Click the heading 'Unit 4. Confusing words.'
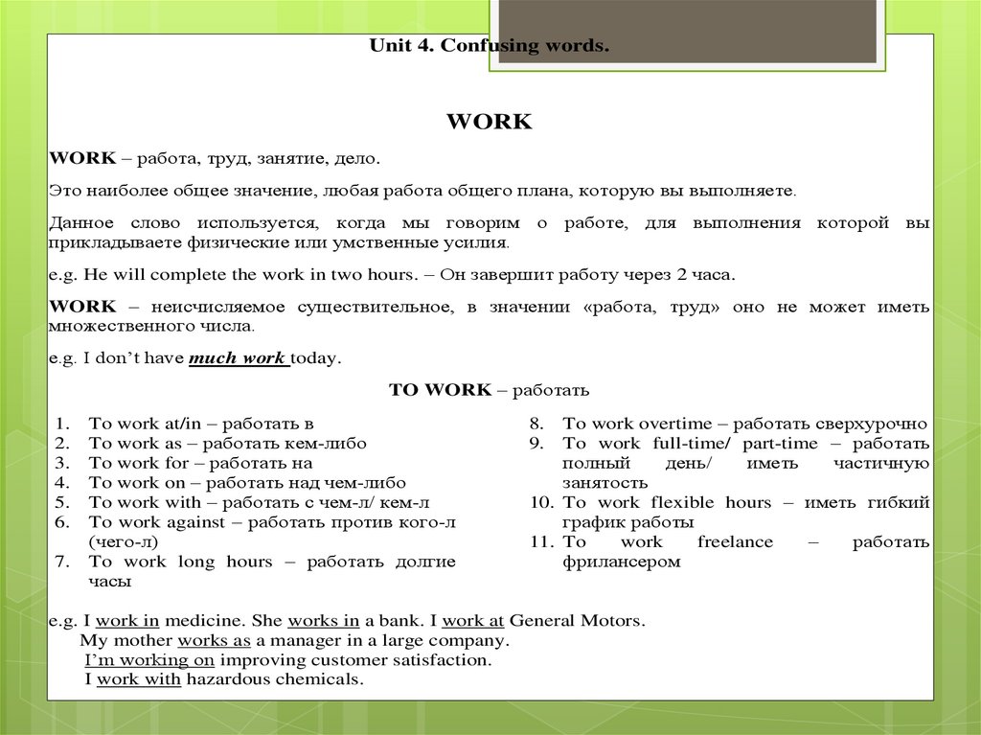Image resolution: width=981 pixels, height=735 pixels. pos(489,47)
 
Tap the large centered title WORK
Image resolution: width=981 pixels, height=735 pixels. pos(489,123)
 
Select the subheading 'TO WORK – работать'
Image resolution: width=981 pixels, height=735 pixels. pos(489,390)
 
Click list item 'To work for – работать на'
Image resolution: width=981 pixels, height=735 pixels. pos(200,463)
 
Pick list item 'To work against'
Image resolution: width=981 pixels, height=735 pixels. pos(271,521)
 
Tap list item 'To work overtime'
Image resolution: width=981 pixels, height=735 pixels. pos(744,423)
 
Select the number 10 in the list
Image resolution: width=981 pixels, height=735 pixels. pos(540,502)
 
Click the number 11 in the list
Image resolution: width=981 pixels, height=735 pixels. pos(540,541)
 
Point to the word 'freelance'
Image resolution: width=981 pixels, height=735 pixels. pos(735,541)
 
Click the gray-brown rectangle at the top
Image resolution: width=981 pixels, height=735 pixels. pos(687,32)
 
